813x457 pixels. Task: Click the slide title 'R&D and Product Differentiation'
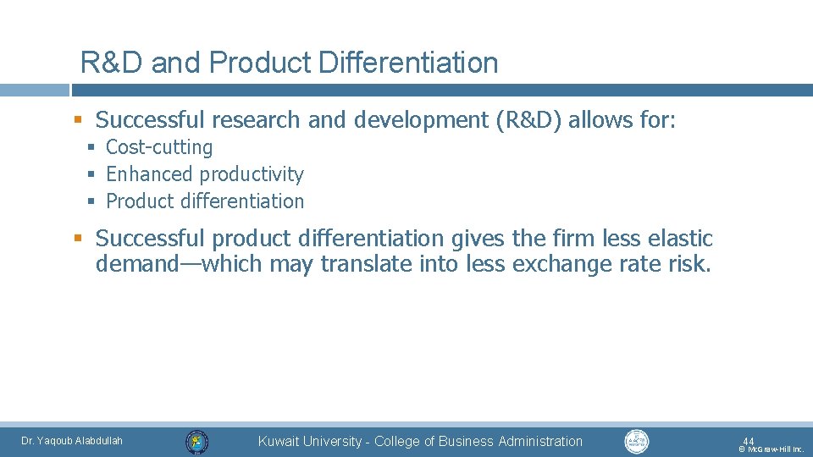tap(289, 63)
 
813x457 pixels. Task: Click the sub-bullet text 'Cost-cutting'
tap(159, 147)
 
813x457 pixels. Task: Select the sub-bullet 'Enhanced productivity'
tap(204, 174)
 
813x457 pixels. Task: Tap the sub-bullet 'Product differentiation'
tap(204, 201)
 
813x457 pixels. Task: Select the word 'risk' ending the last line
tap(688, 265)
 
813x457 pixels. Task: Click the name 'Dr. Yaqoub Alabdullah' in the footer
tap(72, 441)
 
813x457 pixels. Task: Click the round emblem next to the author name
tap(197, 441)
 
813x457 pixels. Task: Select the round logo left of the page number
tap(636, 441)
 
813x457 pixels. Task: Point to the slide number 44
tap(748, 441)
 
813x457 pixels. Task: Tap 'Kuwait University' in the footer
tap(309, 441)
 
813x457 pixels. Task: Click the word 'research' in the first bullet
tap(261, 120)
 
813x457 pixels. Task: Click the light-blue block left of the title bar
tap(34, 90)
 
